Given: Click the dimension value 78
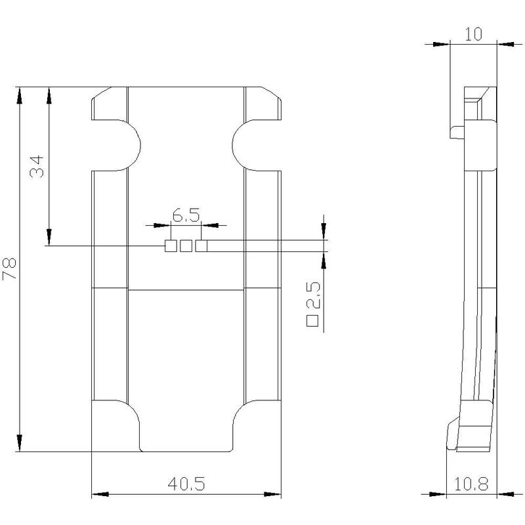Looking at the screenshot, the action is pyautogui.click(x=9, y=268).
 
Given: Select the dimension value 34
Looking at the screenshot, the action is pyautogui.click(x=37, y=166).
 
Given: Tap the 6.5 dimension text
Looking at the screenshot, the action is pyautogui.click(x=186, y=215).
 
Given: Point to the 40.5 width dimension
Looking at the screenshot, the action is pyautogui.click(x=186, y=484).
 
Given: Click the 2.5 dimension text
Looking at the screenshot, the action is pyautogui.click(x=314, y=295).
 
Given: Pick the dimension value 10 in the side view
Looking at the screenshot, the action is pyautogui.click(x=473, y=34).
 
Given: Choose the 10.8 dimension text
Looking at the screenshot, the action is pyautogui.click(x=471, y=484).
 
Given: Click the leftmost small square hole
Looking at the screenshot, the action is pyautogui.click(x=171, y=246).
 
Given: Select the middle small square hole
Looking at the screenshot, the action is pyautogui.click(x=186, y=246).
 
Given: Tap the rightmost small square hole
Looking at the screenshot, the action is pyautogui.click(x=201, y=246).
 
